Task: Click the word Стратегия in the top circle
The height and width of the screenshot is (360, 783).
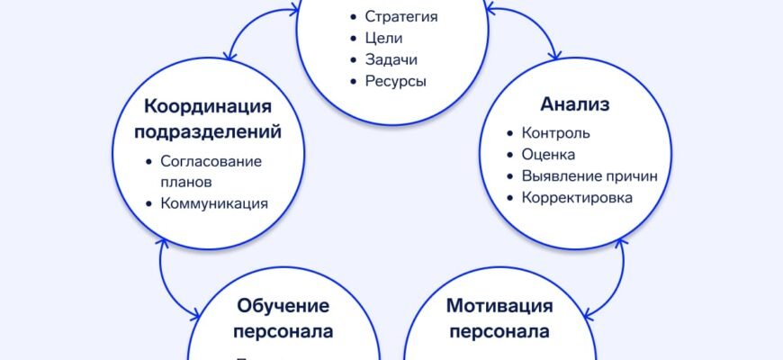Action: pyautogui.click(x=401, y=16)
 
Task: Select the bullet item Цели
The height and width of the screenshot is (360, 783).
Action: pyautogui.click(x=383, y=38)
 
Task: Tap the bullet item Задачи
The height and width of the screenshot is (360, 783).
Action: pyautogui.click(x=391, y=59)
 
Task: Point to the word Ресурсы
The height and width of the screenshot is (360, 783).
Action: pyautogui.click(x=395, y=81)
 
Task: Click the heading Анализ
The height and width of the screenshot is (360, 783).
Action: pyautogui.click(x=575, y=105)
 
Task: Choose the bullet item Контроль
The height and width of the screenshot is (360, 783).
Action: pyautogui.click(x=556, y=133)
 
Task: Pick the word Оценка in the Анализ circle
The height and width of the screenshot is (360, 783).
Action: pyautogui.click(x=548, y=155)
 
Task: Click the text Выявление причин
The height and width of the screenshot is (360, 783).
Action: pyautogui.click(x=589, y=176)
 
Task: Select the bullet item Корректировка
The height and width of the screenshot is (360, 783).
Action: pyautogui.click(x=577, y=198)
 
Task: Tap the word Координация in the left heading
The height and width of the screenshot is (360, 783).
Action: pyautogui.click(x=208, y=106)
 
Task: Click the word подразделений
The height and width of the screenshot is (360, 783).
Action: pyautogui.click(x=208, y=132)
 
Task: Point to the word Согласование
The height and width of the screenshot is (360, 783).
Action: pyautogui.click(x=211, y=161)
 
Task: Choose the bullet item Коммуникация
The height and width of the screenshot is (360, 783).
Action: pyautogui.click(x=214, y=203)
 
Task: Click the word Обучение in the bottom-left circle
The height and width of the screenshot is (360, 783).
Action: pyautogui.click(x=283, y=306)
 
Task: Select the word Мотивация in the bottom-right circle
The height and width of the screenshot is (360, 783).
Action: pyautogui.click(x=499, y=306)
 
